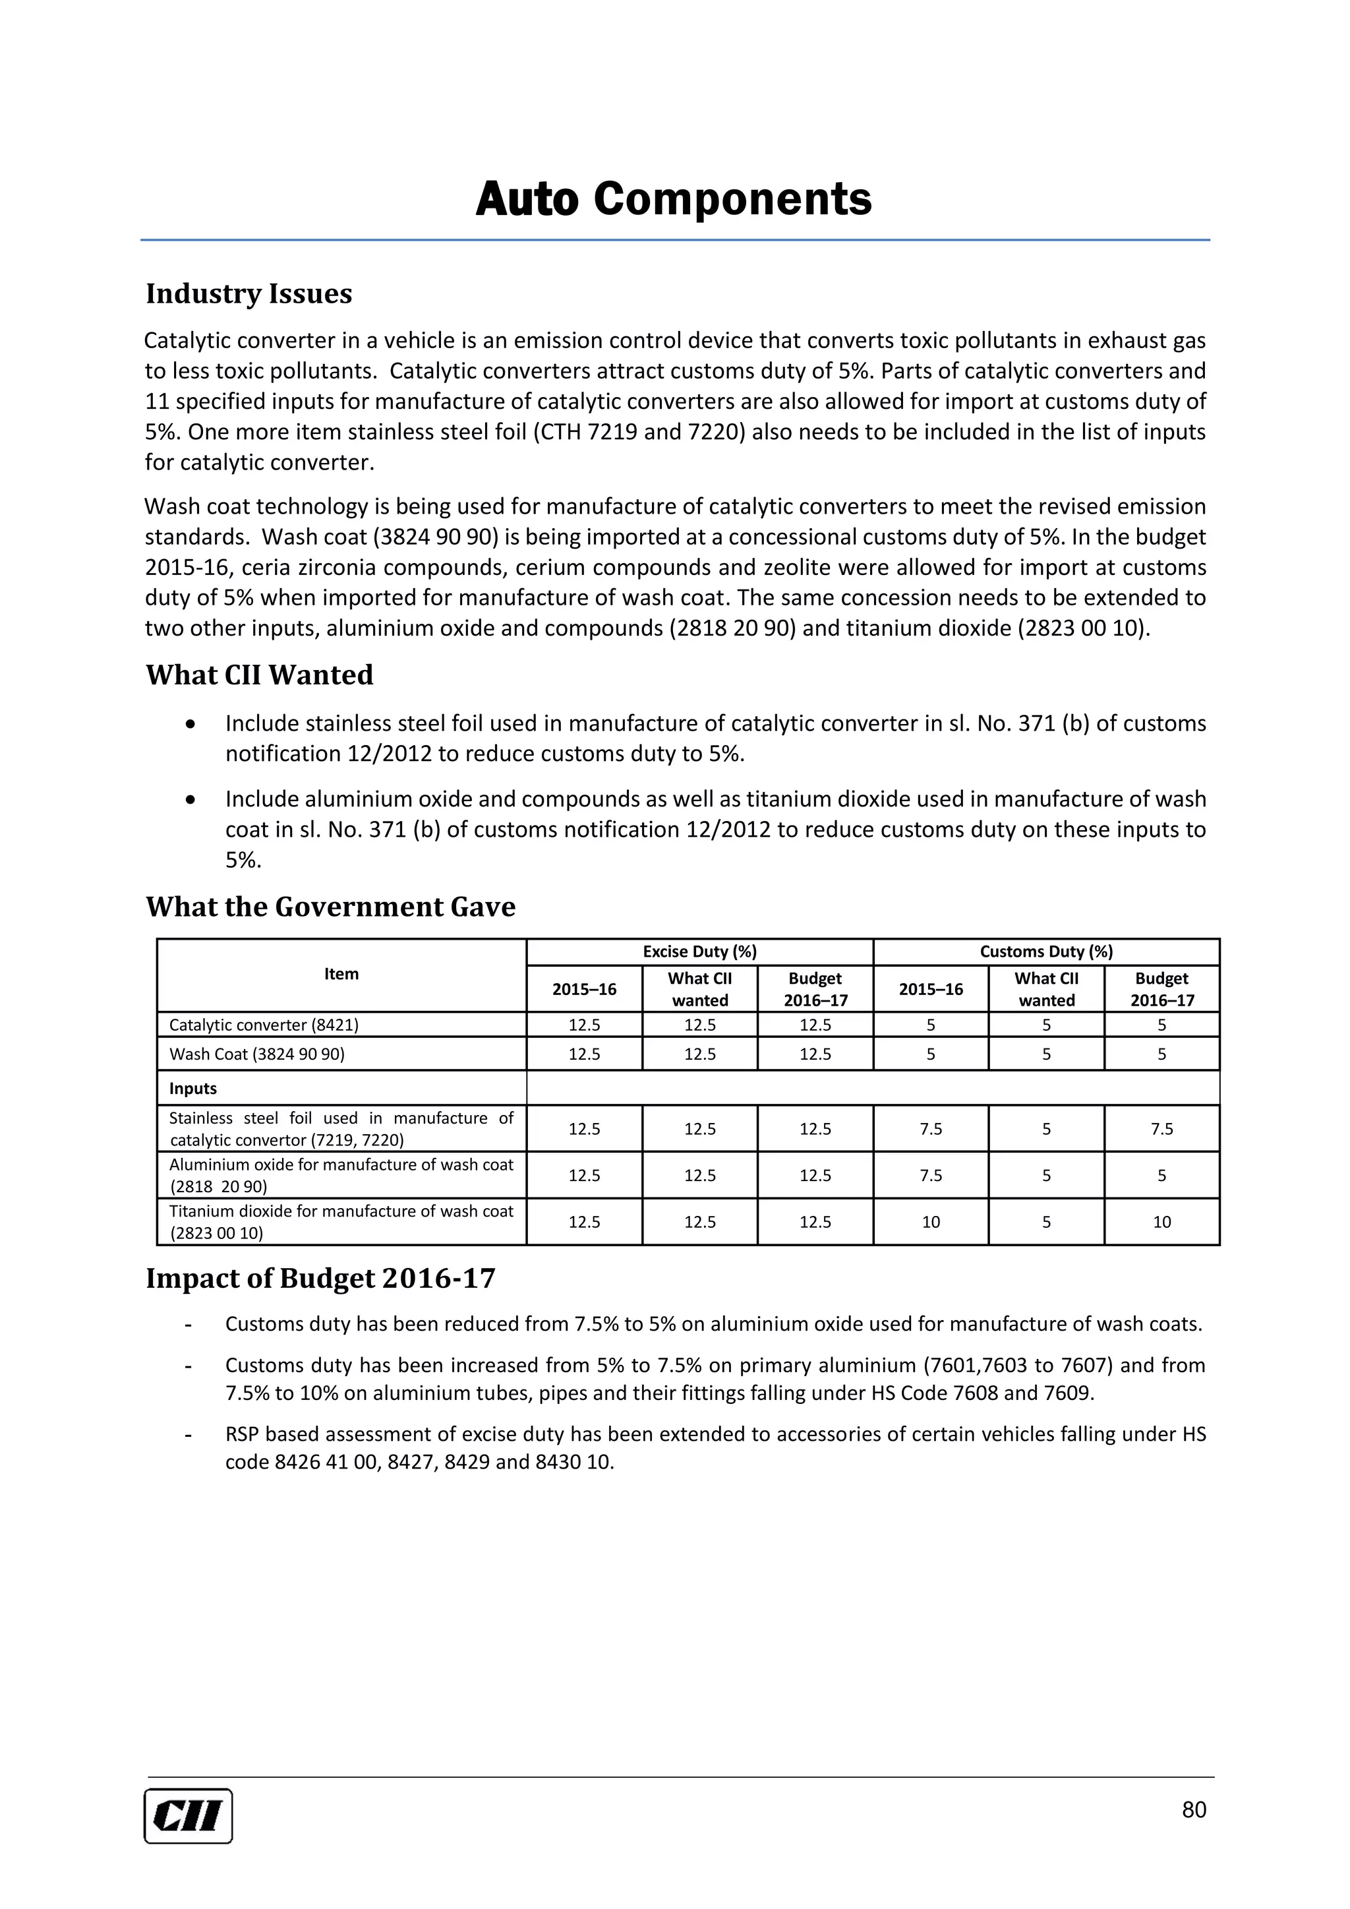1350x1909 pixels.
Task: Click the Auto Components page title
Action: pyautogui.click(x=673, y=200)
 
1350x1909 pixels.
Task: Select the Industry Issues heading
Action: pyautogui.click(x=249, y=293)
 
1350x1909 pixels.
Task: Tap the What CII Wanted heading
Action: pyautogui.click(x=259, y=675)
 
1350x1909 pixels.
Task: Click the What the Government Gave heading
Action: pyautogui.click(x=330, y=906)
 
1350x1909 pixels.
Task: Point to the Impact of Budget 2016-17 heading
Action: pyautogui.click(x=320, y=1278)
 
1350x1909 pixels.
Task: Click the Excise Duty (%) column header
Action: pyautogui.click(x=699, y=951)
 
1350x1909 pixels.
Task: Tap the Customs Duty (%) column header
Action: pyautogui.click(x=1045, y=951)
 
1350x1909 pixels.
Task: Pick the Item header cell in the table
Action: pyautogui.click(x=341, y=974)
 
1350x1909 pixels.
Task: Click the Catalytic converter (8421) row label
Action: pyautogui.click(x=264, y=1024)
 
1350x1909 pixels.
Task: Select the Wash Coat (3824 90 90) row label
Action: pyautogui.click(x=257, y=1054)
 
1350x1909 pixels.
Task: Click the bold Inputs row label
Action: pyautogui.click(x=193, y=1089)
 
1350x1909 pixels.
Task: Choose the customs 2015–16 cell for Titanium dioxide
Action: pyautogui.click(x=930, y=1221)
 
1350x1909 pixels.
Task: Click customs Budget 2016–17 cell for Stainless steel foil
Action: pyautogui.click(x=1161, y=1128)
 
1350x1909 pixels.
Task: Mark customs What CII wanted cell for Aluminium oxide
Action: pyautogui.click(x=1045, y=1175)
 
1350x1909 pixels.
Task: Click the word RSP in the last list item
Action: pyautogui.click(x=243, y=1434)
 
